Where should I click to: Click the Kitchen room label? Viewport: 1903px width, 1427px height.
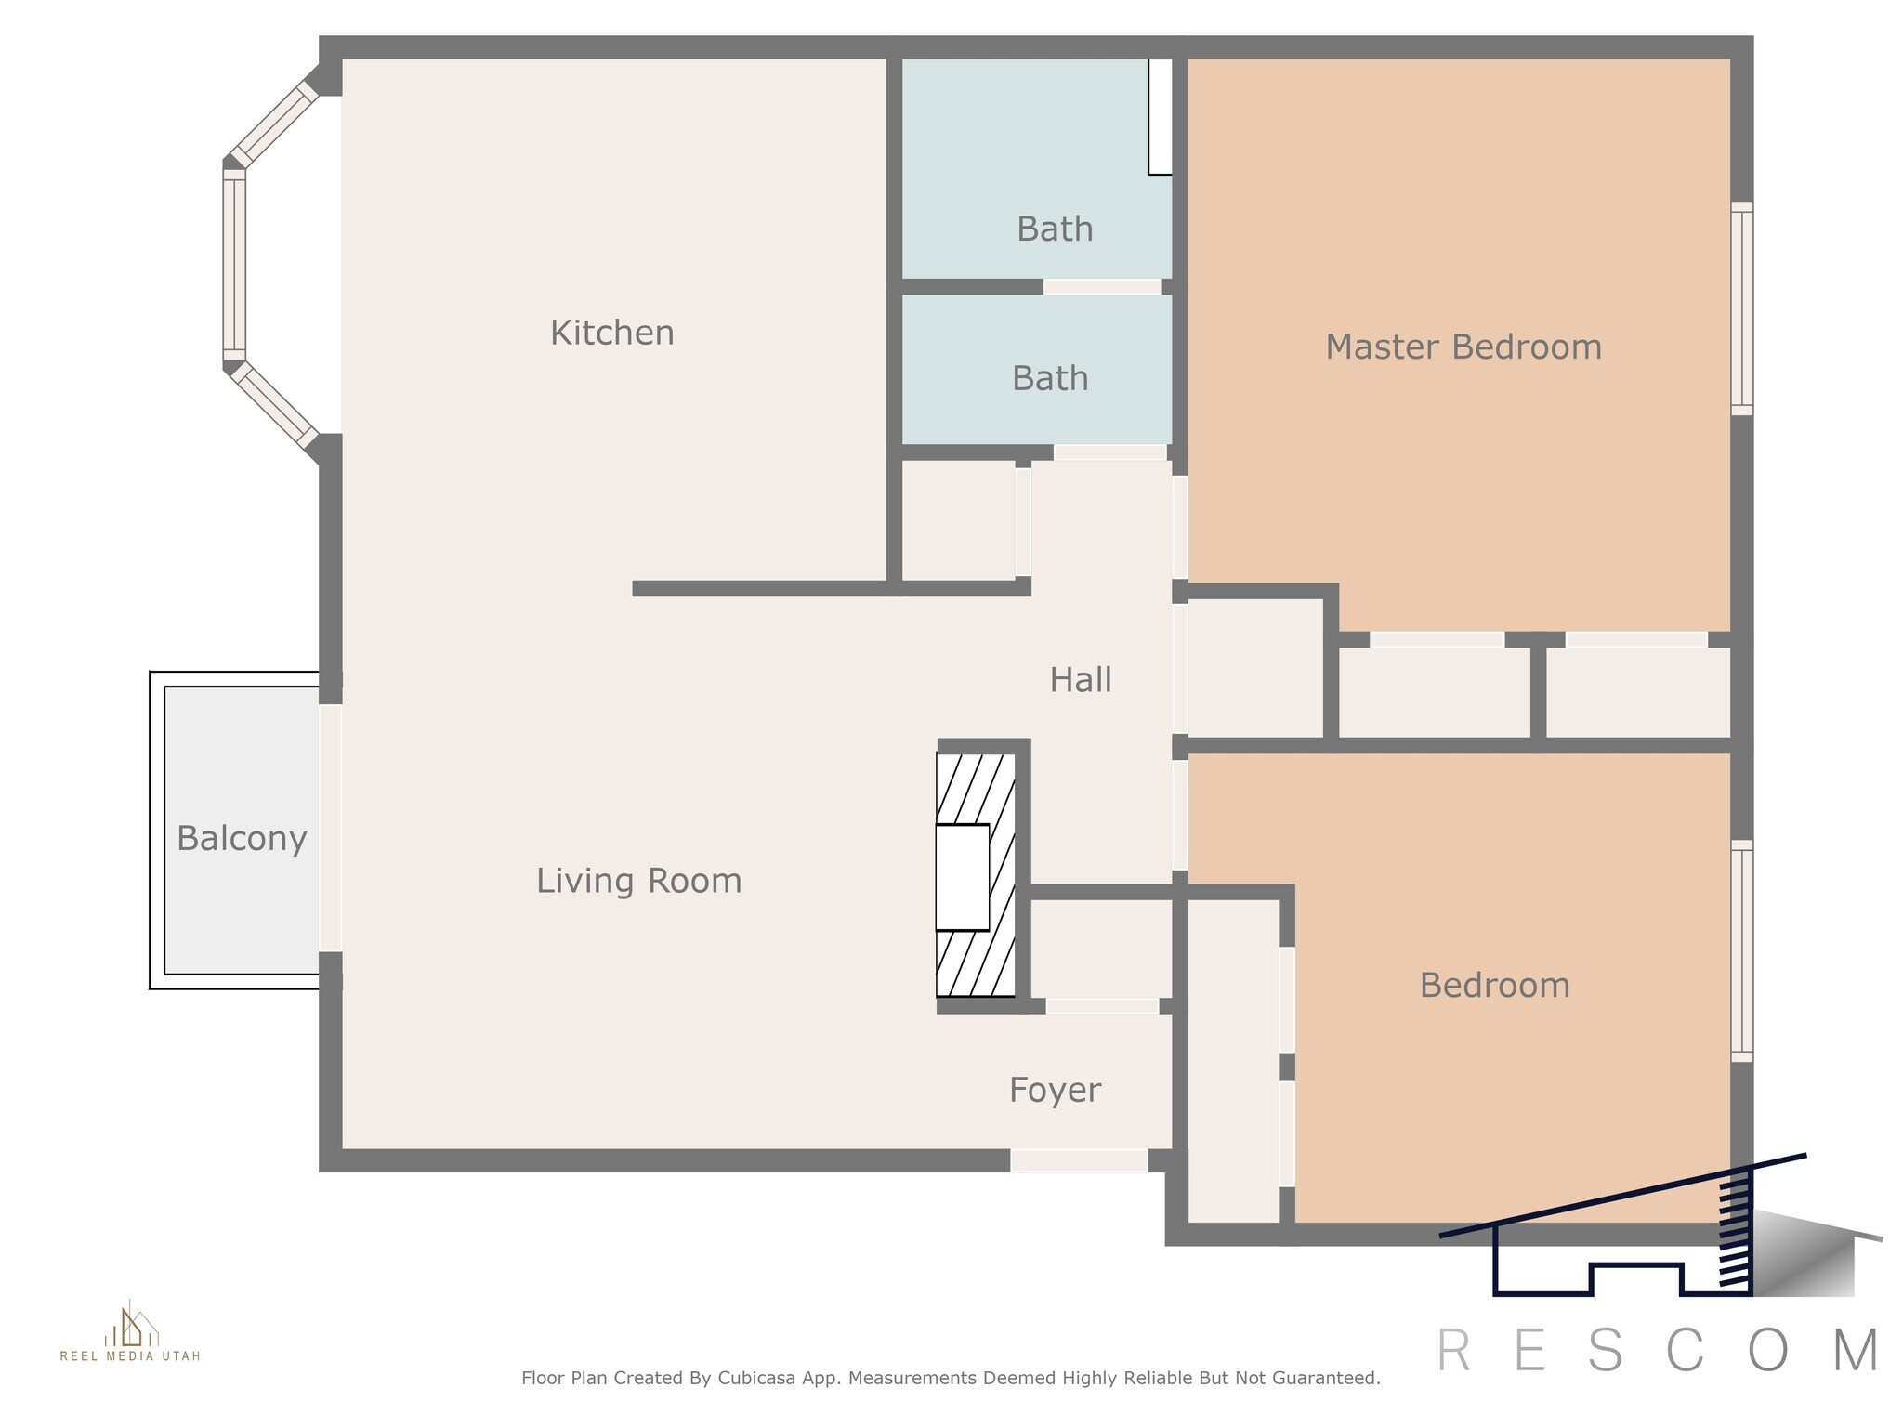point(612,333)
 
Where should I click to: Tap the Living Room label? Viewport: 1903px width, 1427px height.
point(639,881)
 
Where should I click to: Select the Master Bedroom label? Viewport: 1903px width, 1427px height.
point(1463,347)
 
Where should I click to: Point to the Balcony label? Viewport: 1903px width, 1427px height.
point(242,839)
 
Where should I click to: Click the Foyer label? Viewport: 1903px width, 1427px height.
point(1055,1090)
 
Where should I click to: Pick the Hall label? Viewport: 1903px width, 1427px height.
point(1081,680)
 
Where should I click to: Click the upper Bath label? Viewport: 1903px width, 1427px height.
point(1055,229)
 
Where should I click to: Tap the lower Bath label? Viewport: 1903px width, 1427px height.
point(1050,378)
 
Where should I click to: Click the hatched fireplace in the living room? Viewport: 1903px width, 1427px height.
point(976,875)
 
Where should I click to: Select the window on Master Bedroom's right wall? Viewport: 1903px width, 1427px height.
point(1742,308)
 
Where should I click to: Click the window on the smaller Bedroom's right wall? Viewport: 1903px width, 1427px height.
point(1742,950)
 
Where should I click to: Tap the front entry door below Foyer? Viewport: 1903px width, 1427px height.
point(1079,1160)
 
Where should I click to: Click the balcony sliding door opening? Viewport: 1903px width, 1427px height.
point(331,828)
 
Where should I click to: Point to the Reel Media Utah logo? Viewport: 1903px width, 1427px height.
point(130,1331)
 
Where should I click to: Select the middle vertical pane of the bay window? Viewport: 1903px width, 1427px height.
point(234,264)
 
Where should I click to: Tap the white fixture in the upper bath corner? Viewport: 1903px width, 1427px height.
point(1160,117)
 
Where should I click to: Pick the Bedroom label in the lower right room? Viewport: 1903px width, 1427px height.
point(1495,985)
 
